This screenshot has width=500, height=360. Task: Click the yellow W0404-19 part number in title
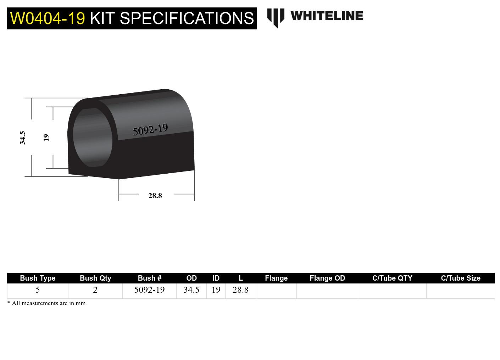(x=48, y=18)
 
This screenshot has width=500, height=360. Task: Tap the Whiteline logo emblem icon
(x=276, y=17)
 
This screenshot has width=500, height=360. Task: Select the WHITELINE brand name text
(x=327, y=16)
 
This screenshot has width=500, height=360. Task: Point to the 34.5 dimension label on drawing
(x=22, y=137)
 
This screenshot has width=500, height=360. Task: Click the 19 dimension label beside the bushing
(x=46, y=137)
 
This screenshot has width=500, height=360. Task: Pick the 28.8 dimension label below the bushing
(x=155, y=196)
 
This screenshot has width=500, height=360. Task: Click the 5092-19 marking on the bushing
(x=150, y=129)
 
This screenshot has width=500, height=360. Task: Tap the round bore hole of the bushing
(x=93, y=138)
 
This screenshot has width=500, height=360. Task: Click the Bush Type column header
(x=38, y=278)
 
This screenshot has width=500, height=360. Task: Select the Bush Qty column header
(x=95, y=278)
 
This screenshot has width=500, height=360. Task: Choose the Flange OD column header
(x=327, y=278)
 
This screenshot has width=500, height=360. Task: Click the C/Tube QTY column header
(x=392, y=278)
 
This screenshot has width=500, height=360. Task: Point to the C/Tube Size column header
(x=460, y=278)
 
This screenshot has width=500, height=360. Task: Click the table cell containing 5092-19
(x=149, y=290)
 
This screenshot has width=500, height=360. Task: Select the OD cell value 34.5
(x=191, y=290)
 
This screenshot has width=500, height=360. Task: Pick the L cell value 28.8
(x=240, y=290)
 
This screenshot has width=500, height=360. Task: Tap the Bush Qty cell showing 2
(x=95, y=290)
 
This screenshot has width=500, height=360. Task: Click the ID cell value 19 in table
(x=216, y=290)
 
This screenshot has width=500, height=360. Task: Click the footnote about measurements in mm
(x=46, y=303)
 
